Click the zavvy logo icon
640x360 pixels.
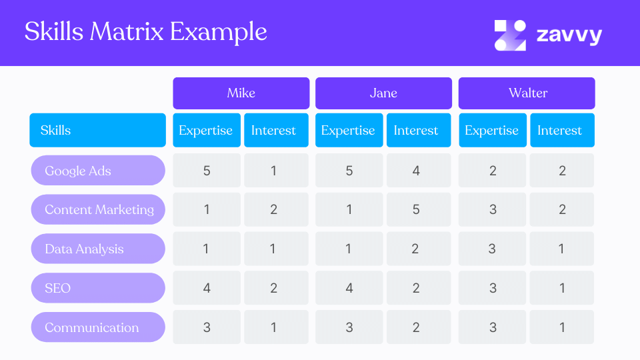click(x=510, y=35)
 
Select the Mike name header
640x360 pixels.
click(x=241, y=93)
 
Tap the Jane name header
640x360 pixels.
click(x=383, y=93)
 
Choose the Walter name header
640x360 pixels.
click(x=527, y=93)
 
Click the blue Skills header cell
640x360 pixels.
click(x=97, y=130)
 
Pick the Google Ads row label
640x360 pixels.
click(x=98, y=171)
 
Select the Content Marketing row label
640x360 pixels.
click(x=98, y=209)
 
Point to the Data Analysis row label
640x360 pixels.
click(x=98, y=249)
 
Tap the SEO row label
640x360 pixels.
click(x=98, y=288)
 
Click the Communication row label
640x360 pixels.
click(x=98, y=327)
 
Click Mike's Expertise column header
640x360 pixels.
click(x=206, y=130)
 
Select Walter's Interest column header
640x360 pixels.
click(x=561, y=130)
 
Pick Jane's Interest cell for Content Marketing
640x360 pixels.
click(x=417, y=209)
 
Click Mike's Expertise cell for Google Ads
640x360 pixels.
click(x=207, y=171)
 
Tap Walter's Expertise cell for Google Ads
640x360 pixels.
click(x=493, y=171)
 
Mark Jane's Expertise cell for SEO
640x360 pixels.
click(x=349, y=288)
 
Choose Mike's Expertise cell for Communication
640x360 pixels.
click(x=207, y=327)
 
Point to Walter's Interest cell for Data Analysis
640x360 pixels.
click(x=562, y=249)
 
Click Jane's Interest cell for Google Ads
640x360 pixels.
click(x=417, y=171)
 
